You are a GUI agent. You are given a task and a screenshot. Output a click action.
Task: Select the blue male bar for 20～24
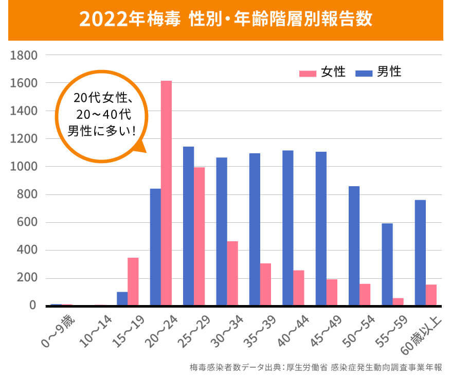[x=155, y=247]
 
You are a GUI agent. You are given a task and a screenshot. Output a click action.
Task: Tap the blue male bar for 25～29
[x=188, y=226]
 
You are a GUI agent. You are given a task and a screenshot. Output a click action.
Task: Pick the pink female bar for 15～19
[x=133, y=281]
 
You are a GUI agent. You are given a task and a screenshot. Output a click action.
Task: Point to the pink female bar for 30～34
[x=232, y=273]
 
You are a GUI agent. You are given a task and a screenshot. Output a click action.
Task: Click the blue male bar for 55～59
[x=387, y=264]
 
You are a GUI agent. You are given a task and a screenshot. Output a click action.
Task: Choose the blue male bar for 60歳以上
[x=420, y=253]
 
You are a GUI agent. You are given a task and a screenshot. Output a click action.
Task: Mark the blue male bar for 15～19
[x=122, y=299]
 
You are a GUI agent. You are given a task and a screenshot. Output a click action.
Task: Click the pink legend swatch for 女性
[x=307, y=73]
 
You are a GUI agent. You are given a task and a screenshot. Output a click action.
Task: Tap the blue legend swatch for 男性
[x=363, y=73]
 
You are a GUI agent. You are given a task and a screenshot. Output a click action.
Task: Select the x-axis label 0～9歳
[x=58, y=334]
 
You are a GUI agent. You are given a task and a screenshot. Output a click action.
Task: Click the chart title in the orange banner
[x=225, y=20]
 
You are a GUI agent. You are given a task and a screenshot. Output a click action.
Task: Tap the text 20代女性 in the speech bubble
[x=103, y=97]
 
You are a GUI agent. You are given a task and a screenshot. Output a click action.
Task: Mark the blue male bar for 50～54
[x=354, y=245]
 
